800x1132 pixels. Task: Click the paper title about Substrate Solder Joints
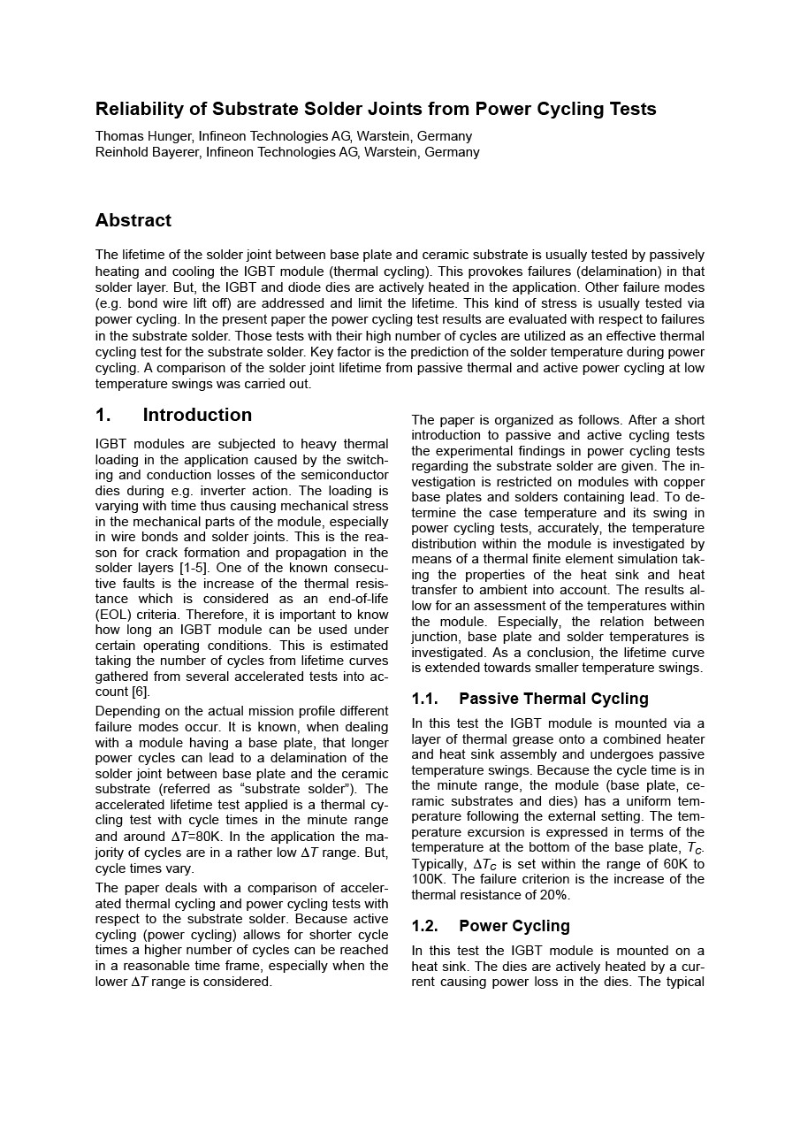pyautogui.click(x=376, y=110)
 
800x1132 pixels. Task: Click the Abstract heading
pyautogui.click(x=133, y=220)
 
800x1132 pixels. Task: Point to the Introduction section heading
pyautogui.click(x=197, y=416)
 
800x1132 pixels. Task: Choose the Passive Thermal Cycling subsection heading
pyautogui.click(x=553, y=699)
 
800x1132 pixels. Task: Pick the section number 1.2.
pyautogui.click(x=424, y=926)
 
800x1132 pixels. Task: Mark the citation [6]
pyautogui.click(x=140, y=692)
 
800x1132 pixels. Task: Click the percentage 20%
pyautogui.click(x=553, y=895)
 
